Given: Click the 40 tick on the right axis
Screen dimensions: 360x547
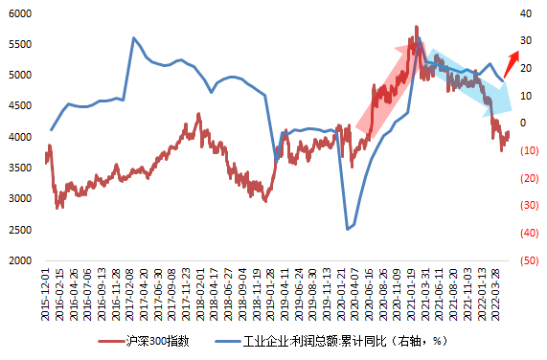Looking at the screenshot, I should (x=525, y=13).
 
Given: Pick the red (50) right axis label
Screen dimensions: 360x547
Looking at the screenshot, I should (x=528, y=260).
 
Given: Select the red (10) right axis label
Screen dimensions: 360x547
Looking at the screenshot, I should (x=528, y=150).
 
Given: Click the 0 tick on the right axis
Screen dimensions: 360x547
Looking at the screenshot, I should (x=522, y=124).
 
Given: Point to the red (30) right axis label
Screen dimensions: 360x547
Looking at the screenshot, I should (x=528, y=206).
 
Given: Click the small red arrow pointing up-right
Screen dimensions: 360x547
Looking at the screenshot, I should (x=513, y=68).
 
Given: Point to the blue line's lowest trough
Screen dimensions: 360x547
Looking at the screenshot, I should (x=348, y=230).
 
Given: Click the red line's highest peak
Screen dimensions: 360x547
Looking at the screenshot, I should (x=416, y=27).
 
